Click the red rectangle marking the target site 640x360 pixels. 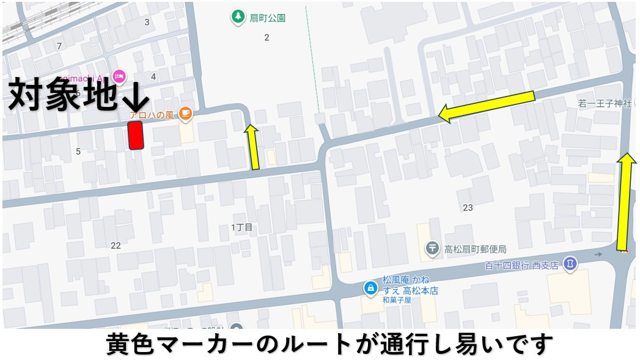135,135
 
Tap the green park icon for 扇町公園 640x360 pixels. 237,17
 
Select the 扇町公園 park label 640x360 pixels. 267,18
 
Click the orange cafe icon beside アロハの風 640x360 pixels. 186,112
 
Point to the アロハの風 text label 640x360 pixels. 152,115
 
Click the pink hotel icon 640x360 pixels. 119,76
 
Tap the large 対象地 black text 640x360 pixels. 62,95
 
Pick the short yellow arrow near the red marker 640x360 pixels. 253,146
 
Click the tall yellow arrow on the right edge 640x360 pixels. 625,202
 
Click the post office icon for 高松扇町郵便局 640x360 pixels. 432,248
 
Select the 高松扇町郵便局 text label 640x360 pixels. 475,249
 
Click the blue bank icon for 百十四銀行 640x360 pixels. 570,263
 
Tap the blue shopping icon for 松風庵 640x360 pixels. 370,287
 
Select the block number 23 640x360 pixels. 468,208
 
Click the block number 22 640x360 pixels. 116,245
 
